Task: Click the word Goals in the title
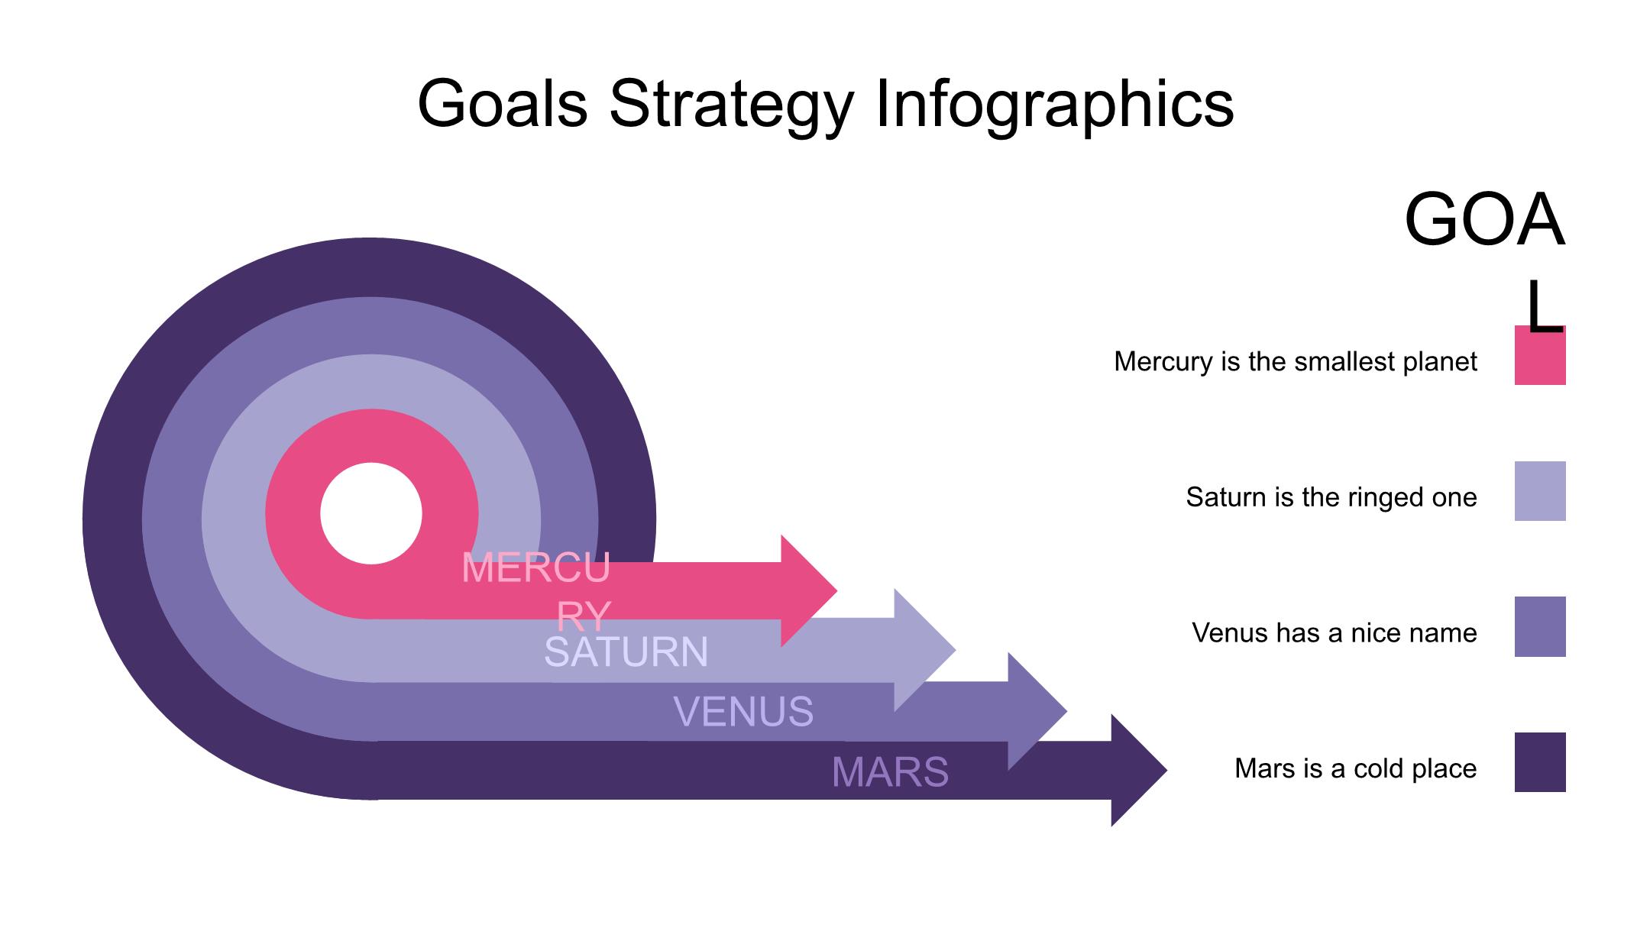502,104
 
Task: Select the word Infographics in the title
1054,104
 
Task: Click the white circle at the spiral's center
371,513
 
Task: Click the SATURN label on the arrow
626,652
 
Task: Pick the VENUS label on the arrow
743,711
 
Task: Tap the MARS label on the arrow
890,771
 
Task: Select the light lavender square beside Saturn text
1539,491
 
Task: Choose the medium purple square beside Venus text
1539,626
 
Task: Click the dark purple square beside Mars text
1539,762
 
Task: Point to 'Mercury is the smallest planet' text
1295,361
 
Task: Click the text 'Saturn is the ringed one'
1331,497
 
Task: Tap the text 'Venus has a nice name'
1334,632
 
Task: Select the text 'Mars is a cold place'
1355,768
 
